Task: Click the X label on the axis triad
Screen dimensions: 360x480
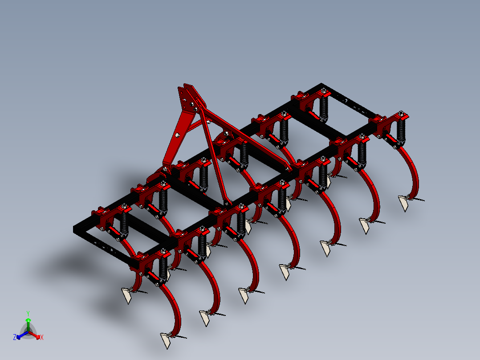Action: click(42, 338)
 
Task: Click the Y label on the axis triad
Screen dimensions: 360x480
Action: click(28, 313)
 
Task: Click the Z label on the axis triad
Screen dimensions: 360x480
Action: click(15, 338)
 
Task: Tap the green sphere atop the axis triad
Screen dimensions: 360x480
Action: click(28, 320)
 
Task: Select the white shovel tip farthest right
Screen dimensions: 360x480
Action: click(404, 203)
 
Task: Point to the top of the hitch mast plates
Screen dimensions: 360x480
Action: click(187, 86)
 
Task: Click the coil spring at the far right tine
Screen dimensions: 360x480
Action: click(402, 129)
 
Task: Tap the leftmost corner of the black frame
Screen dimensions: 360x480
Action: click(75, 229)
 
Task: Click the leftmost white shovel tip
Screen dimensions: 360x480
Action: click(126, 295)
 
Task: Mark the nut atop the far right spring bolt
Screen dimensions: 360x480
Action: click(401, 113)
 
